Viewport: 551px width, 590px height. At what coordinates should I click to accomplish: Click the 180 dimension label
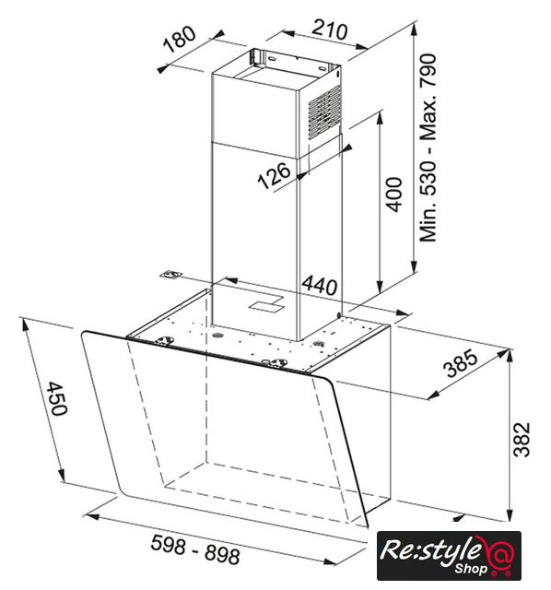coord(180,39)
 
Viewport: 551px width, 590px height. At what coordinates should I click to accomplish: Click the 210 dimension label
coord(330,29)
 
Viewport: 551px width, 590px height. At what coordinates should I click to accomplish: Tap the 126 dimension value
coord(275,175)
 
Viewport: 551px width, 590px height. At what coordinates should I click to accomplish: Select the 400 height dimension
coord(393,195)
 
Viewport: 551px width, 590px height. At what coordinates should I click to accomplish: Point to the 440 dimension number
coord(320,286)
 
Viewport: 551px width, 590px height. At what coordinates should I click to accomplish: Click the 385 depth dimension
coord(461,363)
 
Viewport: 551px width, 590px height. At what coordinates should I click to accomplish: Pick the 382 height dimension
coord(522,440)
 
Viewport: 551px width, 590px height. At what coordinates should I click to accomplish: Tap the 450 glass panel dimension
coord(57,398)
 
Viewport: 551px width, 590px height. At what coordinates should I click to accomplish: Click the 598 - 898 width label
coord(195,549)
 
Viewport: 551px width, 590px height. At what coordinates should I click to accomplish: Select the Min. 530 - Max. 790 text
coord(428,147)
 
